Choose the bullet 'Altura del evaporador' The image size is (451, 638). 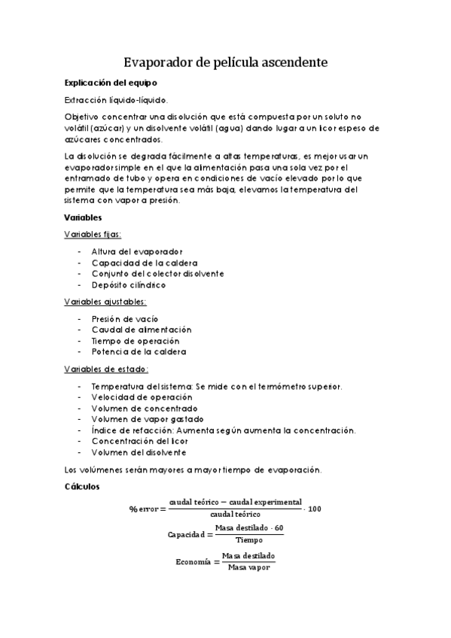click(x=136, y=251)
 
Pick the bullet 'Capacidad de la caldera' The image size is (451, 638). click(x=145, y=263)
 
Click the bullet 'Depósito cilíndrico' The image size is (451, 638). click(x=128, y=285)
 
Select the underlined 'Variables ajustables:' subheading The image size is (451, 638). click(x=105, y=302)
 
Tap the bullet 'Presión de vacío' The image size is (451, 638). click(x=124, y=319)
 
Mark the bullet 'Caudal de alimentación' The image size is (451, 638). click(x=141, y=330)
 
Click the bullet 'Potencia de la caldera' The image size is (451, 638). click(x=139, y=352)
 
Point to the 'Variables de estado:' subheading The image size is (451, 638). click(x=106, y=369)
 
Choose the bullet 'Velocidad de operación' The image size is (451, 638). click(x=139, y=397)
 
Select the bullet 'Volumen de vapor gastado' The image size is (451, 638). click(x=147, y=419)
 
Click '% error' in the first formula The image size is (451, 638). click(x=145, y=509)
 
